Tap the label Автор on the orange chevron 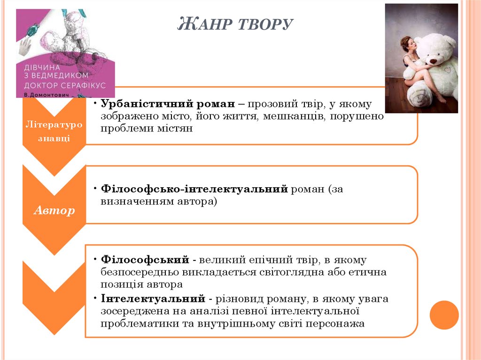tap(54, 210)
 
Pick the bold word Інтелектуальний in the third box tap(153, 299)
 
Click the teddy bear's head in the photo tap(436, 50)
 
